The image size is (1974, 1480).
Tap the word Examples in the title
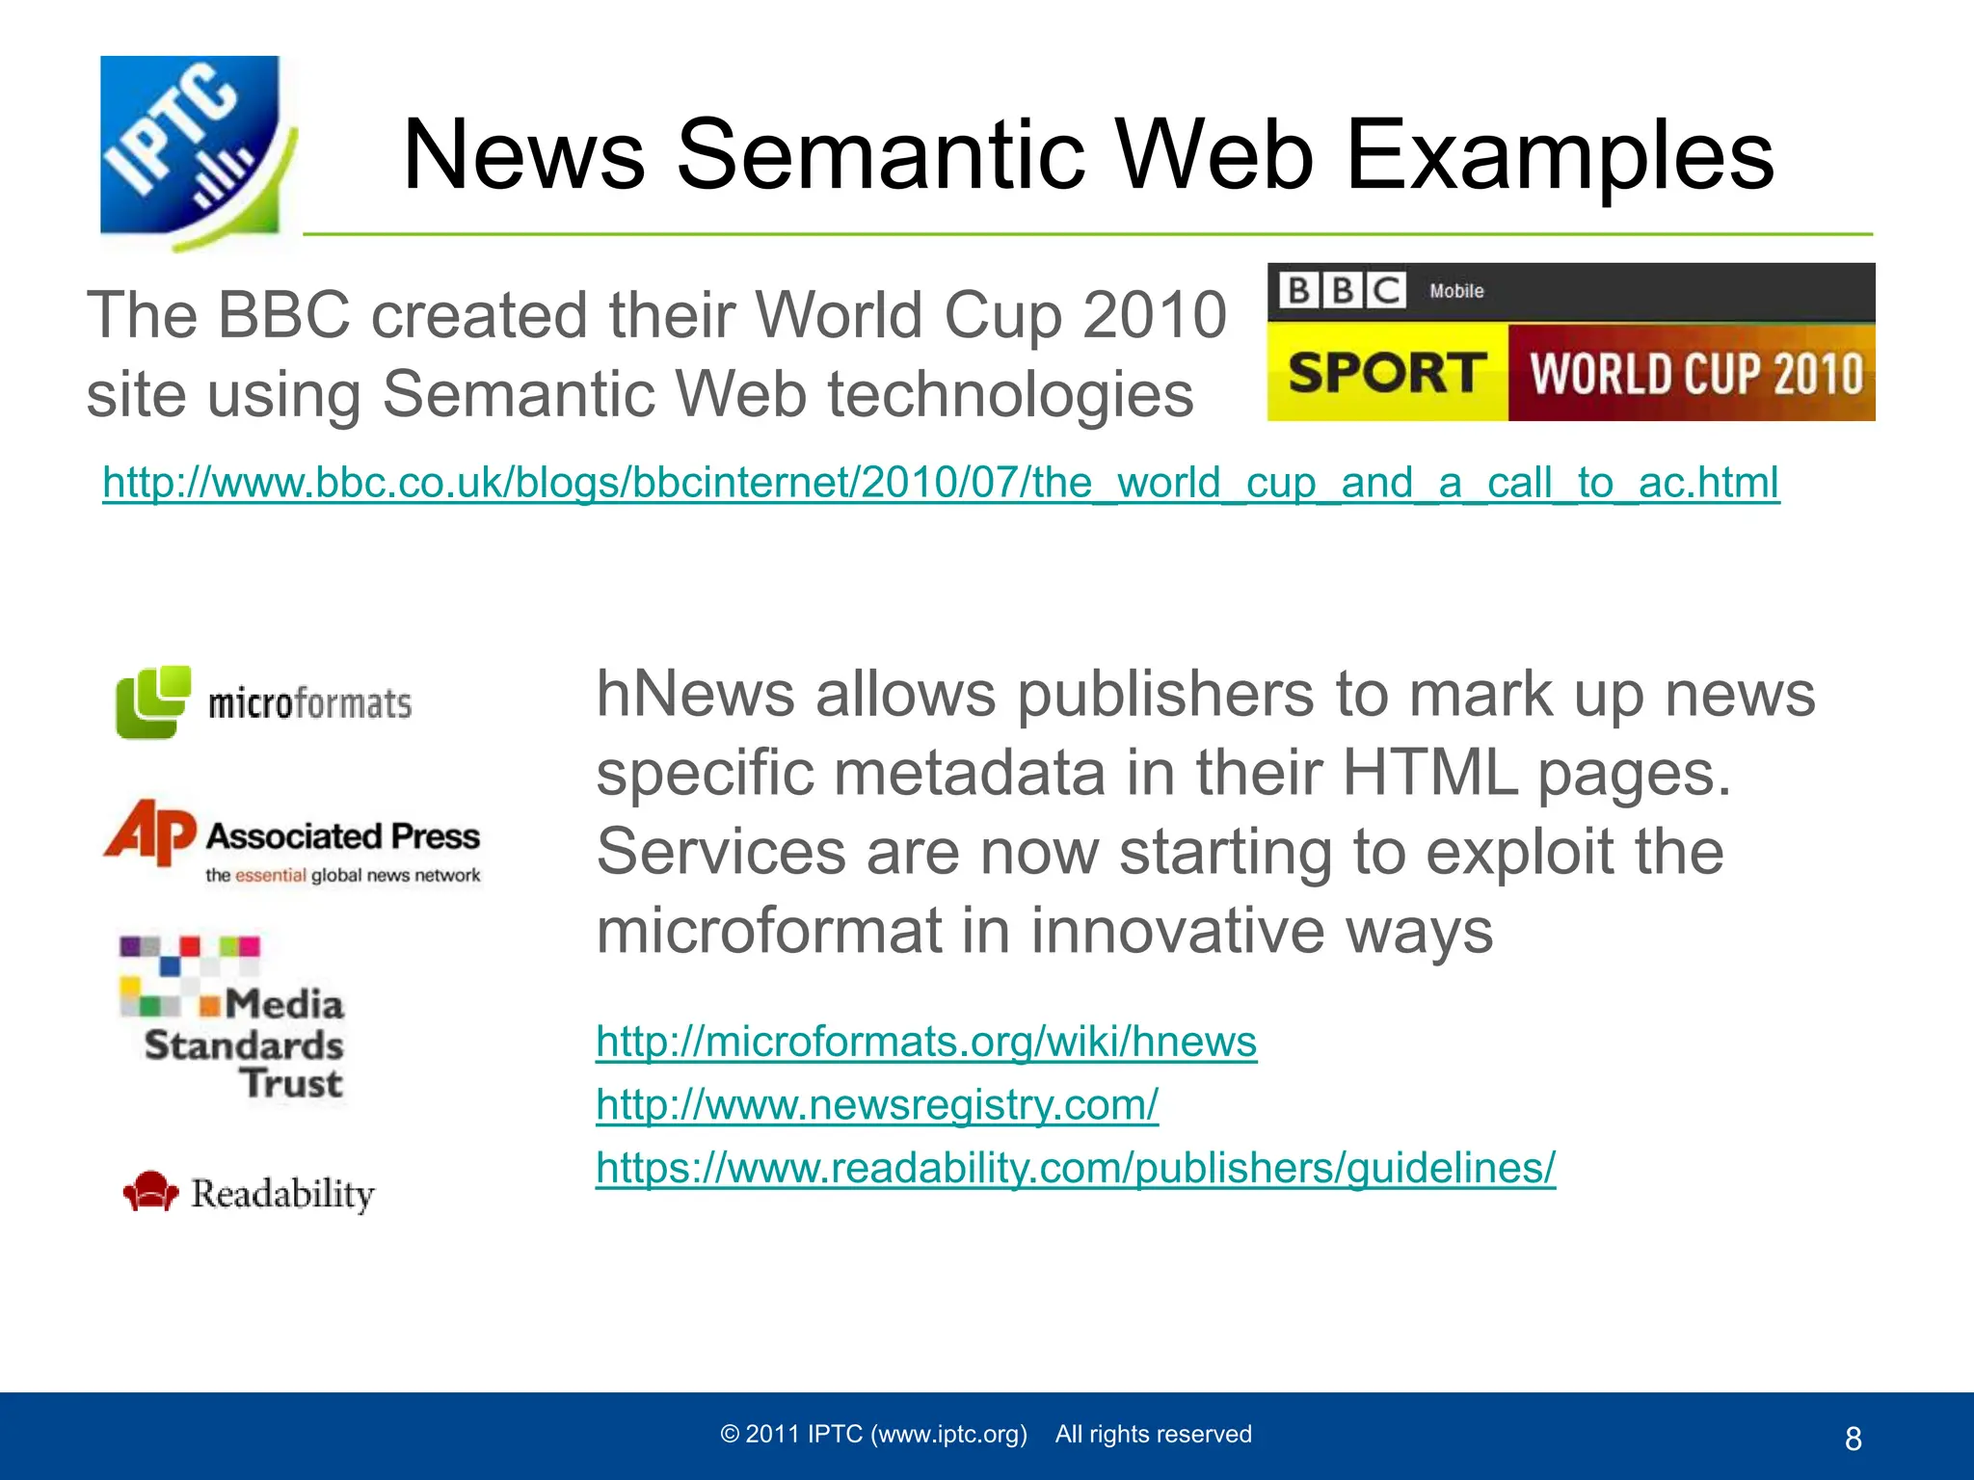[1559, 155]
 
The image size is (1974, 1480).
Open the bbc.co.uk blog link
[940, 483]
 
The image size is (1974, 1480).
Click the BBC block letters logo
[1341, 290]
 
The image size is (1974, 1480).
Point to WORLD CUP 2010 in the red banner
[1695, 374]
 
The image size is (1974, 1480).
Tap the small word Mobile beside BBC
[1456, 291]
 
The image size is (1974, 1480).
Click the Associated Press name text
[343, 835]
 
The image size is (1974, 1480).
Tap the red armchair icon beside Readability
[150, 1191]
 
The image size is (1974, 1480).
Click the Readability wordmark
[282, 1194]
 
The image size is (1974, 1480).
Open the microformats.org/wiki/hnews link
[925, 1042]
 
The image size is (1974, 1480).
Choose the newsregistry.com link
[876, 1105]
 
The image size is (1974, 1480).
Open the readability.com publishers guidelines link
[1075, 1168]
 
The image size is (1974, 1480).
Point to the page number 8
[1853, 1439]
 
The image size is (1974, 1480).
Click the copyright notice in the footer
[985, 1434]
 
